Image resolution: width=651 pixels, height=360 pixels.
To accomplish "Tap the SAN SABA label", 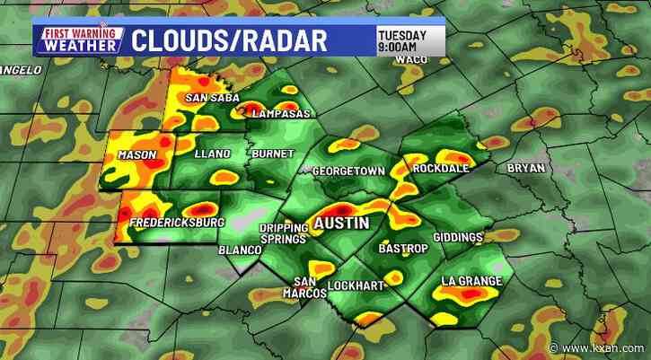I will (x=209, y=98).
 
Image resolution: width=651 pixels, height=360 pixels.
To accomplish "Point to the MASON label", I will (x=136, y=155).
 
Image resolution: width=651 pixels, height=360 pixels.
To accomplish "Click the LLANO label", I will (x=212, y=154).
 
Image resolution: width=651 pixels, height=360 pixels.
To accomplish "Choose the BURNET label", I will (x=273, y=154).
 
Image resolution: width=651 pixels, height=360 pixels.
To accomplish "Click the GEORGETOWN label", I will (x=348, y=171).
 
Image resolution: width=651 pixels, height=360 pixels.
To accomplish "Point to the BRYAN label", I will (x=526, y=168).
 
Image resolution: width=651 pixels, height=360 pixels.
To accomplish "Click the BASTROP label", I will (x=404, y=247).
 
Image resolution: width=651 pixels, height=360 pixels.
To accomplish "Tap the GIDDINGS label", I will (x=460, y=238).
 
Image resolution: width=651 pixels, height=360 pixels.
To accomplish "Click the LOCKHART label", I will (x=355, y=285).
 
